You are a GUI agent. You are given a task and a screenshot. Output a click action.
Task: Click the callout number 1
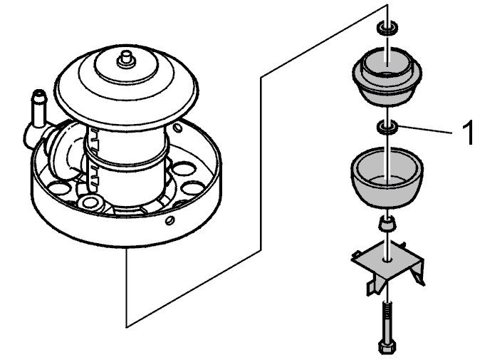468,133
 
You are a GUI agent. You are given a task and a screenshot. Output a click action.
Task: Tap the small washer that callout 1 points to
387,127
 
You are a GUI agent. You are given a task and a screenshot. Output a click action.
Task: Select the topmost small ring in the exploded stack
387,28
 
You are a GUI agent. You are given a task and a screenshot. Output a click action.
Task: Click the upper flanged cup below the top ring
387,76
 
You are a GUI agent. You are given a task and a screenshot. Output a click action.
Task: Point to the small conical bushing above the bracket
387,224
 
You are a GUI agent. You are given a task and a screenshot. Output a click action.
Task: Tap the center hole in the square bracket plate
387,259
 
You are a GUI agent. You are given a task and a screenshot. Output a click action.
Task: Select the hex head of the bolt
387,346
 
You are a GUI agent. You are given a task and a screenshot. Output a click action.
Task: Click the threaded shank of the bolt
387,321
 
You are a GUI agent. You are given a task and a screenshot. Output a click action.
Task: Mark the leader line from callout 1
425,129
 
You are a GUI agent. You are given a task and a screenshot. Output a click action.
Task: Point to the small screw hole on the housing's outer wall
170,220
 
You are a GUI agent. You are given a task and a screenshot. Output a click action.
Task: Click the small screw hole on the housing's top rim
177,128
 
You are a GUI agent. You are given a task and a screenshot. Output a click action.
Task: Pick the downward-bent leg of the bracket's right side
418,273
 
